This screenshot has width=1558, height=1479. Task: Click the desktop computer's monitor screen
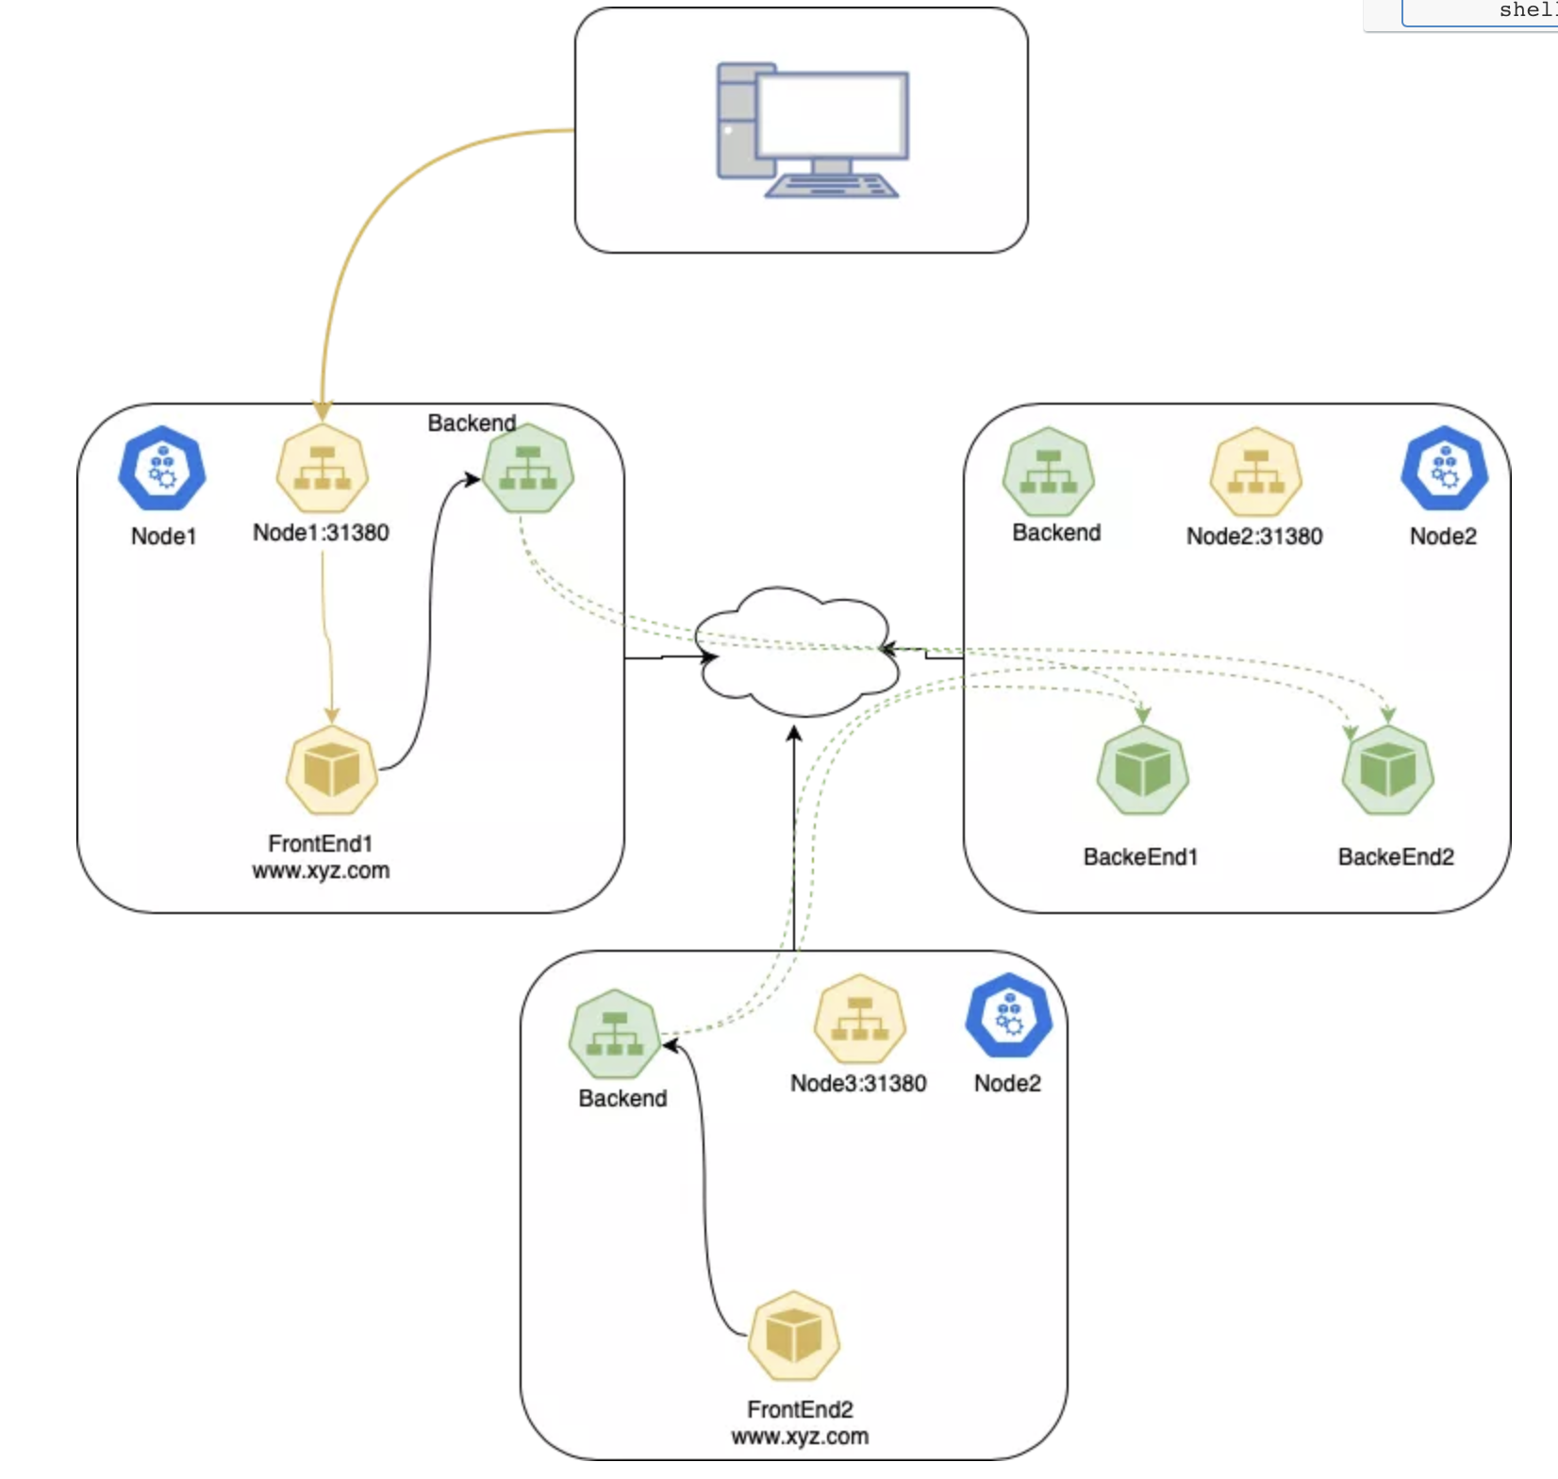point(831,114)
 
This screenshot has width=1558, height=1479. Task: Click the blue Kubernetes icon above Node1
point(162,469)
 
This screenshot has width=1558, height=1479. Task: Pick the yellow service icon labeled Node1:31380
point(322,469)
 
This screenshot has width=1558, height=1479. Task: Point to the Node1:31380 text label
point(321,533)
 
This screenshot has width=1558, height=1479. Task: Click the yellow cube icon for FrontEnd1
point(331,770)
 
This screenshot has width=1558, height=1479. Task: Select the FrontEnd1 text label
point(321,843)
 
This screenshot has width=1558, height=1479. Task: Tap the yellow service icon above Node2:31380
point(1255,473)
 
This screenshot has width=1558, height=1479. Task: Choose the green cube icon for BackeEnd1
point(1142,770)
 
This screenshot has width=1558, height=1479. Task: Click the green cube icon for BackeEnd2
point(1387,770)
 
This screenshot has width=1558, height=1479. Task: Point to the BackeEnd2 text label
point(1396,857)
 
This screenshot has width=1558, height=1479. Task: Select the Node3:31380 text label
point(858,1084)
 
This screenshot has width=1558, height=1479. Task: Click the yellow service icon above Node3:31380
point(859,1020)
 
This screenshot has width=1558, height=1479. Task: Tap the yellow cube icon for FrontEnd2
point(793,1336)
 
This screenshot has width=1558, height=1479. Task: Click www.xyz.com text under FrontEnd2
point(800,1437)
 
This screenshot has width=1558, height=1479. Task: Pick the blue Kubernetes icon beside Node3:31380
point(1008,1017)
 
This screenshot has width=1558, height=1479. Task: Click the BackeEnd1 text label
point(1140,857)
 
